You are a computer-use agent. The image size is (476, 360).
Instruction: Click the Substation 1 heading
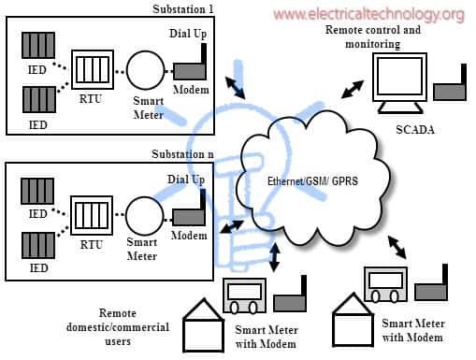click(x=183, y=7)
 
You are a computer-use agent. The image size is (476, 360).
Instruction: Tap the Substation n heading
click(x=183, y=153)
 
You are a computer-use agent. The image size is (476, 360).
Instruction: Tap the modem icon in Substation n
click(x=190, y=213)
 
